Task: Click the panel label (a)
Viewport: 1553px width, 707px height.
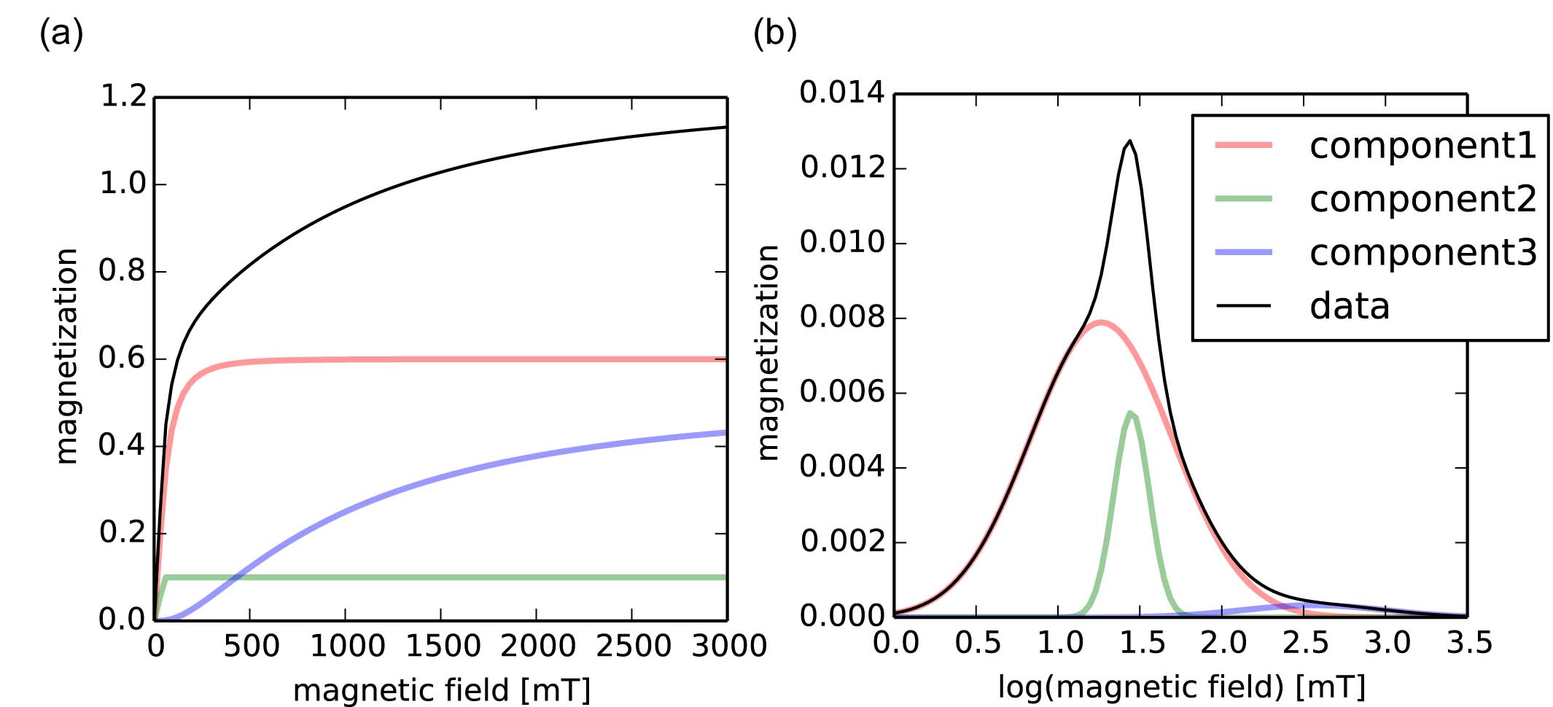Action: click(x=61, y=34)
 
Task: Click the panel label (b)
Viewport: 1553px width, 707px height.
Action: click(x=774, y=34)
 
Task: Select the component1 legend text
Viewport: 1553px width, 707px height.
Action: click(x=1422, y=146)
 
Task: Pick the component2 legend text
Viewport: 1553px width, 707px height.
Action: click(x=1422, y=199)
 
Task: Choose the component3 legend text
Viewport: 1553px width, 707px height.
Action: click(x=1422, y=253)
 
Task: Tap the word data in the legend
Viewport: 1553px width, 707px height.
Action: click(x=1350, y=306)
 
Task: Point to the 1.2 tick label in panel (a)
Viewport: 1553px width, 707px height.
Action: click(x=123, y=96)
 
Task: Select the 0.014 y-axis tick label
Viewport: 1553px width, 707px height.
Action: click(x=841, y=93)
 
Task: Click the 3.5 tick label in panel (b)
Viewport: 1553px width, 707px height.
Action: click(x=1469, y=643)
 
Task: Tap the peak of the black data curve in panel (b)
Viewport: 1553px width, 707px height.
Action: click(x=1129, y=141)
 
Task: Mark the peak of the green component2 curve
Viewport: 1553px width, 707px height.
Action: click(x=1129, y=413)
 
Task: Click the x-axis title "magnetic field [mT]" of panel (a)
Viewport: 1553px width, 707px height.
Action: click(x=441, y=690)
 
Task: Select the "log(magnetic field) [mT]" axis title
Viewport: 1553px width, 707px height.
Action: click(x=1181, y=687)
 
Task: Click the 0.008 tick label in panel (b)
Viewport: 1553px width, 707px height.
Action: click(x=841, y=318)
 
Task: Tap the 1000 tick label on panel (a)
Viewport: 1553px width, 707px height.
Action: click(x=347, y=646)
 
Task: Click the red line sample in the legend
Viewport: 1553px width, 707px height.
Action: click(x=1243, y=146)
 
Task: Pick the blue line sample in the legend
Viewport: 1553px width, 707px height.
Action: click(x=1243, y=252)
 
